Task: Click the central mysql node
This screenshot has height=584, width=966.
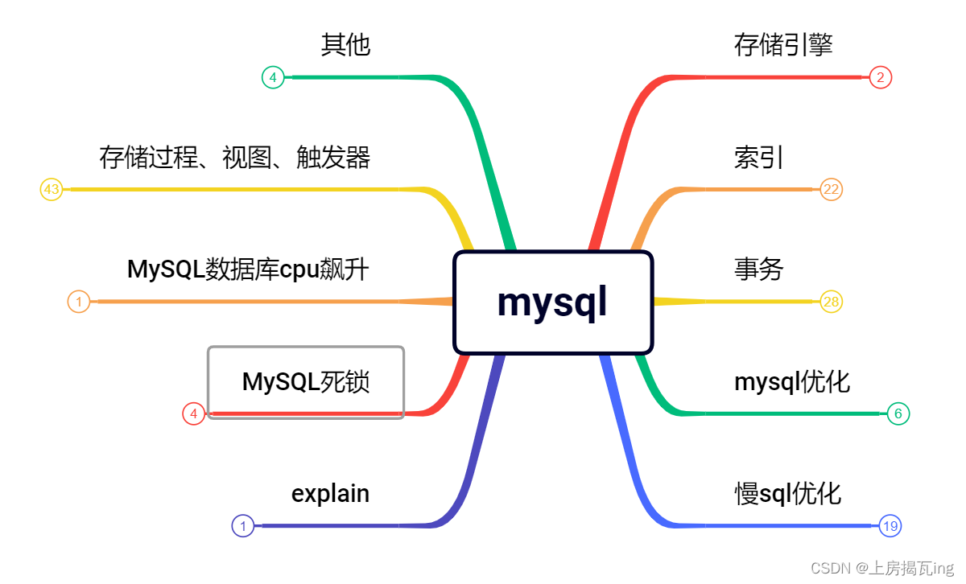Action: (552, 302)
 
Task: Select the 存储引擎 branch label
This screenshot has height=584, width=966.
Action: (782, 45)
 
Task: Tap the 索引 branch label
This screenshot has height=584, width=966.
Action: (758, 158)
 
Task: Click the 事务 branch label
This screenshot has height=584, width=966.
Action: (758, 269)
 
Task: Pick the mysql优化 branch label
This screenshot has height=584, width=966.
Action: (791, 381)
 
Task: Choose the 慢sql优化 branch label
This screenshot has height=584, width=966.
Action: (787, 493)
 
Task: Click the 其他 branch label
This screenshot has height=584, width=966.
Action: (345, 45)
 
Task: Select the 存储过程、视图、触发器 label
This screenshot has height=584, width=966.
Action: (235, 158)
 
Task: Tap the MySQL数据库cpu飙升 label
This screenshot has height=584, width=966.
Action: (248, 269)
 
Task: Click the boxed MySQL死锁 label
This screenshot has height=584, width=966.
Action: (306, 381)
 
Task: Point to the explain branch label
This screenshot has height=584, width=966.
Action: (330, 493)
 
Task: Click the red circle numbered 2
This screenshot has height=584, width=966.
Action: (881, 77)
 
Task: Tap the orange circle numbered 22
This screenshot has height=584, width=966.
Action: (831, 190)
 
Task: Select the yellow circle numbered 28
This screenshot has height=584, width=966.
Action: (831, 302)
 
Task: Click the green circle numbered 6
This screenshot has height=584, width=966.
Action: (898, 413)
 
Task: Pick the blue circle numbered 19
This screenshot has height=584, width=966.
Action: (890, 526)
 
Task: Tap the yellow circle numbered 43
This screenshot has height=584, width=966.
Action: (52, 190)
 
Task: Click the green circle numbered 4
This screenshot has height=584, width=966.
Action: (273, 77)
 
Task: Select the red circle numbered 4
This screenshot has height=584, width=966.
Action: (193, 414)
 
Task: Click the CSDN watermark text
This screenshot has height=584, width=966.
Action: (881, 568)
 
